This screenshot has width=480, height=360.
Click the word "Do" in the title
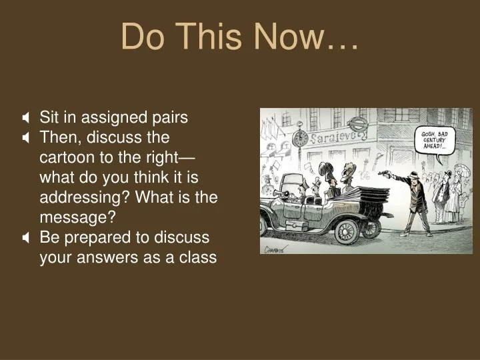[142, 37]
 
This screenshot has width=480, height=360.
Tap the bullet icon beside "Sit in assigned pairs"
[25, 118]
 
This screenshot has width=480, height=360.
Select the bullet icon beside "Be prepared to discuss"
[25, 238]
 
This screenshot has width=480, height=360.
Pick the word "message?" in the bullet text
[77, 217]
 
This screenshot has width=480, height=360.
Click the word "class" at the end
[197, 258]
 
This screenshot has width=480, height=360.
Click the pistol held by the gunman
[384, 174]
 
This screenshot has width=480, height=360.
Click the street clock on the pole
[301, 138]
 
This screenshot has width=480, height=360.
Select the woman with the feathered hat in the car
[326, 175]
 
